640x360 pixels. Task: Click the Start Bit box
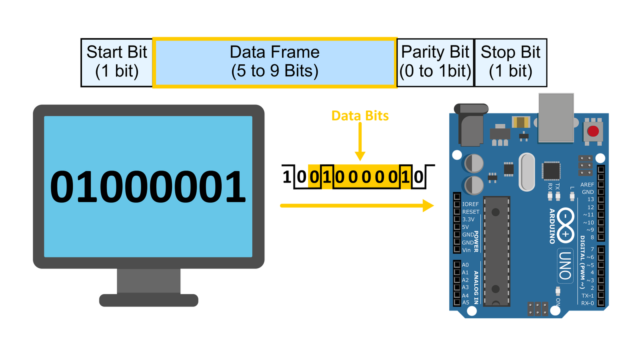click(117, 62)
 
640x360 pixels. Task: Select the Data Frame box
click(275, 62)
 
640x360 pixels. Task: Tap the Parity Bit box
click(436, 62)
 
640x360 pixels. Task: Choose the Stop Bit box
click(510, 62)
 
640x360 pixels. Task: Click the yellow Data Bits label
click(360, 116)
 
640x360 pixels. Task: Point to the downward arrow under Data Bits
click(360, 142)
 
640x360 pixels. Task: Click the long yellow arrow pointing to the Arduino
click(357, 206)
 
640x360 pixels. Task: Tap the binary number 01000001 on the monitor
click(148, 186)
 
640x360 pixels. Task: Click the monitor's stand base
click(148, 300)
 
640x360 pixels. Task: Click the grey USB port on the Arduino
click(556, 118)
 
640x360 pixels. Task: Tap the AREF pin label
click(587, 184)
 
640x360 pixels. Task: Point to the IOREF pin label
click(470, 204)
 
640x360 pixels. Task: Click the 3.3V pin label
click(468, 220)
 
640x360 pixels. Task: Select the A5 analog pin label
click(466, 302)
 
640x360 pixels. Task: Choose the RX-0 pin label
click(588, 303)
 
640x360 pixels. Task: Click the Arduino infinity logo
click(566, 226)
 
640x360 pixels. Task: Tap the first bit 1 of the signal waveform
click(286, 176)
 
